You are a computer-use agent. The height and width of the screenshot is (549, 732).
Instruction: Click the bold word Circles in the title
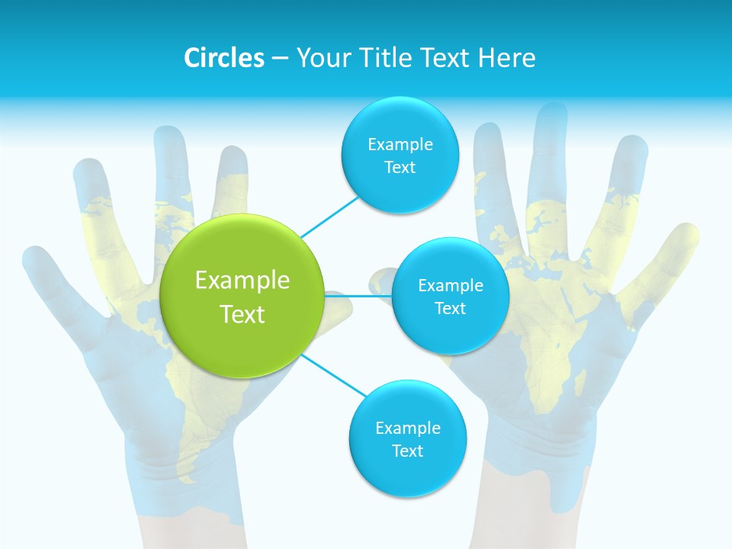pos(224,58)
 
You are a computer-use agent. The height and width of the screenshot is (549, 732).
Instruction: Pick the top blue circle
pos(400,156)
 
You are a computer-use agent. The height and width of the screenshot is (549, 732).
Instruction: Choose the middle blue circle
pos(450,297)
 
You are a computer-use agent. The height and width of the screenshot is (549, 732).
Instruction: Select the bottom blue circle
pos(407,439)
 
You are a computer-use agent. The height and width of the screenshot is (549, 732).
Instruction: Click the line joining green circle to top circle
pos(329,215)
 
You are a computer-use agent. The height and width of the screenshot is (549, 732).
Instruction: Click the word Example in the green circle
pos(242,281)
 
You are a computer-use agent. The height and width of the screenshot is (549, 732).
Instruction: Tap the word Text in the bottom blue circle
pos(407,451)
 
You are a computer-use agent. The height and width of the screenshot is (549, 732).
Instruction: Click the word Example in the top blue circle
pos(400,144)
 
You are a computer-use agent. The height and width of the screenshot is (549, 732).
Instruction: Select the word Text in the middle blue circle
pos(450,308)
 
